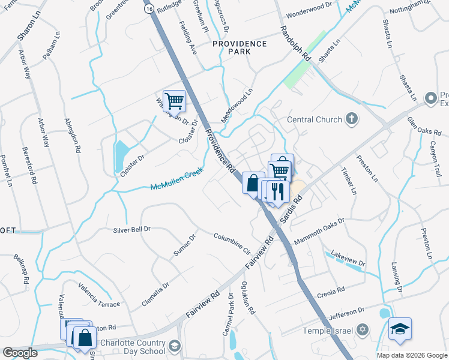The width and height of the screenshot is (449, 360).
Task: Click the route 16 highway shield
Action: (x=148, y=10)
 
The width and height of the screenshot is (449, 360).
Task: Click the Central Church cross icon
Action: (x=352, y=119)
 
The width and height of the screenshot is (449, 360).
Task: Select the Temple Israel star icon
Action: (x=362, y=330)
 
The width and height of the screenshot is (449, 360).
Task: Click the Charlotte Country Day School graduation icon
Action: (x=174, y=346)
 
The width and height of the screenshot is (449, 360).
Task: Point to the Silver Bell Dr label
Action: (x=132, y=229)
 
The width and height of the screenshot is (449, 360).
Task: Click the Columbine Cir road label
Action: (x=232, y=242)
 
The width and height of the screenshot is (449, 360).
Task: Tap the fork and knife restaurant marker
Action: (x=276, y=191)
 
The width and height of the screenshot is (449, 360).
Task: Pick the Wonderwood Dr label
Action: (x=310, y=5)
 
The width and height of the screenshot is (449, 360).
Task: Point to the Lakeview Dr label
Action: (x=348, y=258)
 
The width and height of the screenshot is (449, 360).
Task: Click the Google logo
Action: (x=20, y=353)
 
